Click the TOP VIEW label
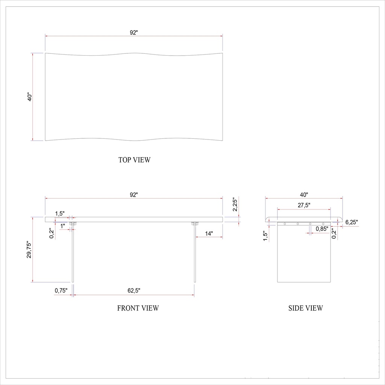(134, 160)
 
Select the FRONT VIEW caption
(138, 308)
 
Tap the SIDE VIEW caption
(305, 308)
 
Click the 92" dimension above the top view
(134, 32)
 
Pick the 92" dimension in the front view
(134, 195)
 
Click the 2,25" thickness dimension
(235, 205)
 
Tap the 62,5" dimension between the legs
(134, 291)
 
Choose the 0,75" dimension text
(61, 290)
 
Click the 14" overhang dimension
(209, 233)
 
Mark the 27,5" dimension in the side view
(304, 205)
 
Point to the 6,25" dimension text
(351, 222)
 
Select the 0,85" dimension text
(322, 229)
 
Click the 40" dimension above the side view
(304, 195)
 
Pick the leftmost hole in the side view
(285, 224)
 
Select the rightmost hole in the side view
(323, 224)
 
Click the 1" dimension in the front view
(63, 225)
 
